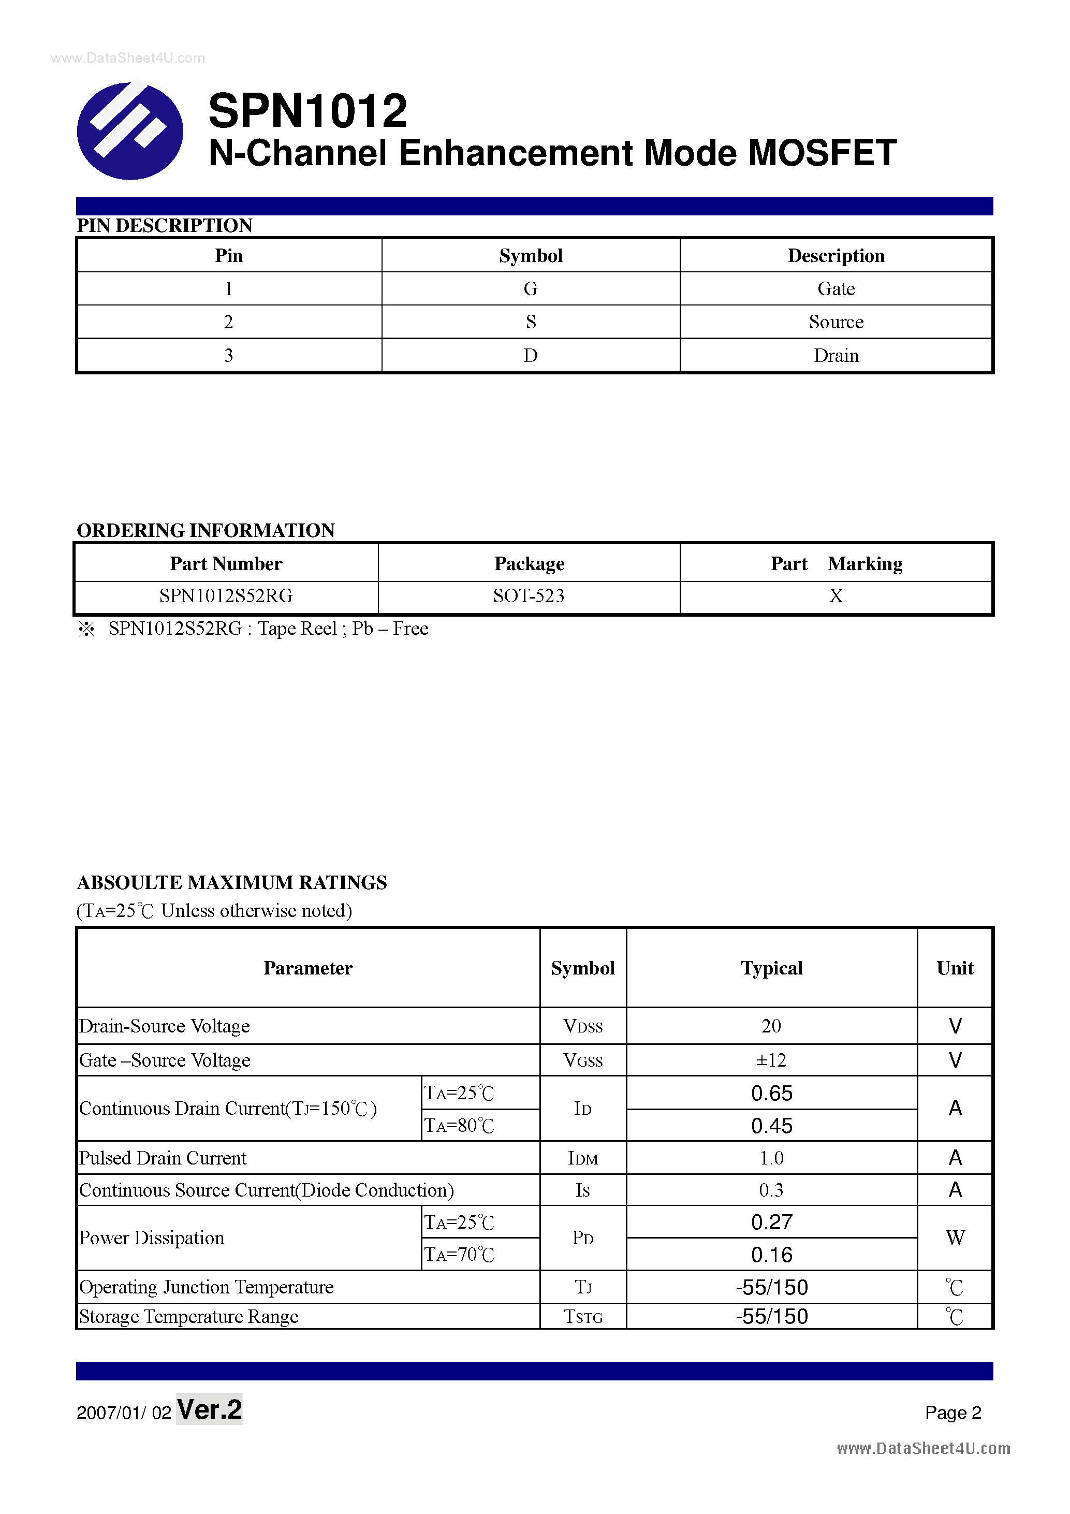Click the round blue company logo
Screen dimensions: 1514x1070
pos(130,130)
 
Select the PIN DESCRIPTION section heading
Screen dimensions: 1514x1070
pos(164,226)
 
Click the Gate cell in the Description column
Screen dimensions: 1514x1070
pos(836,289)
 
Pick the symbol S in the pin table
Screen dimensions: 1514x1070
pos(531,322)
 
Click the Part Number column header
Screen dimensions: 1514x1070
pos(226,564)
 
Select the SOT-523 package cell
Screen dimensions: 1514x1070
pos(529,596)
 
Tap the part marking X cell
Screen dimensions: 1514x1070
pos(836,596)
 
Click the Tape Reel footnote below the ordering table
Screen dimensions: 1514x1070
pos(268,629)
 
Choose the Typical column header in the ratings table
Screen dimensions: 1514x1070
pos(771,968)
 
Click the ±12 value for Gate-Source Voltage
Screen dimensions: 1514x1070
pos(771,1060)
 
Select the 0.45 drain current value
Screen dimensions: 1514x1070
pos(771,1126)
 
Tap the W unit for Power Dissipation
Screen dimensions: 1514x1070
pos(955,1238)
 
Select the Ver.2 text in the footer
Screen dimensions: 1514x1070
pos(210,1410)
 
